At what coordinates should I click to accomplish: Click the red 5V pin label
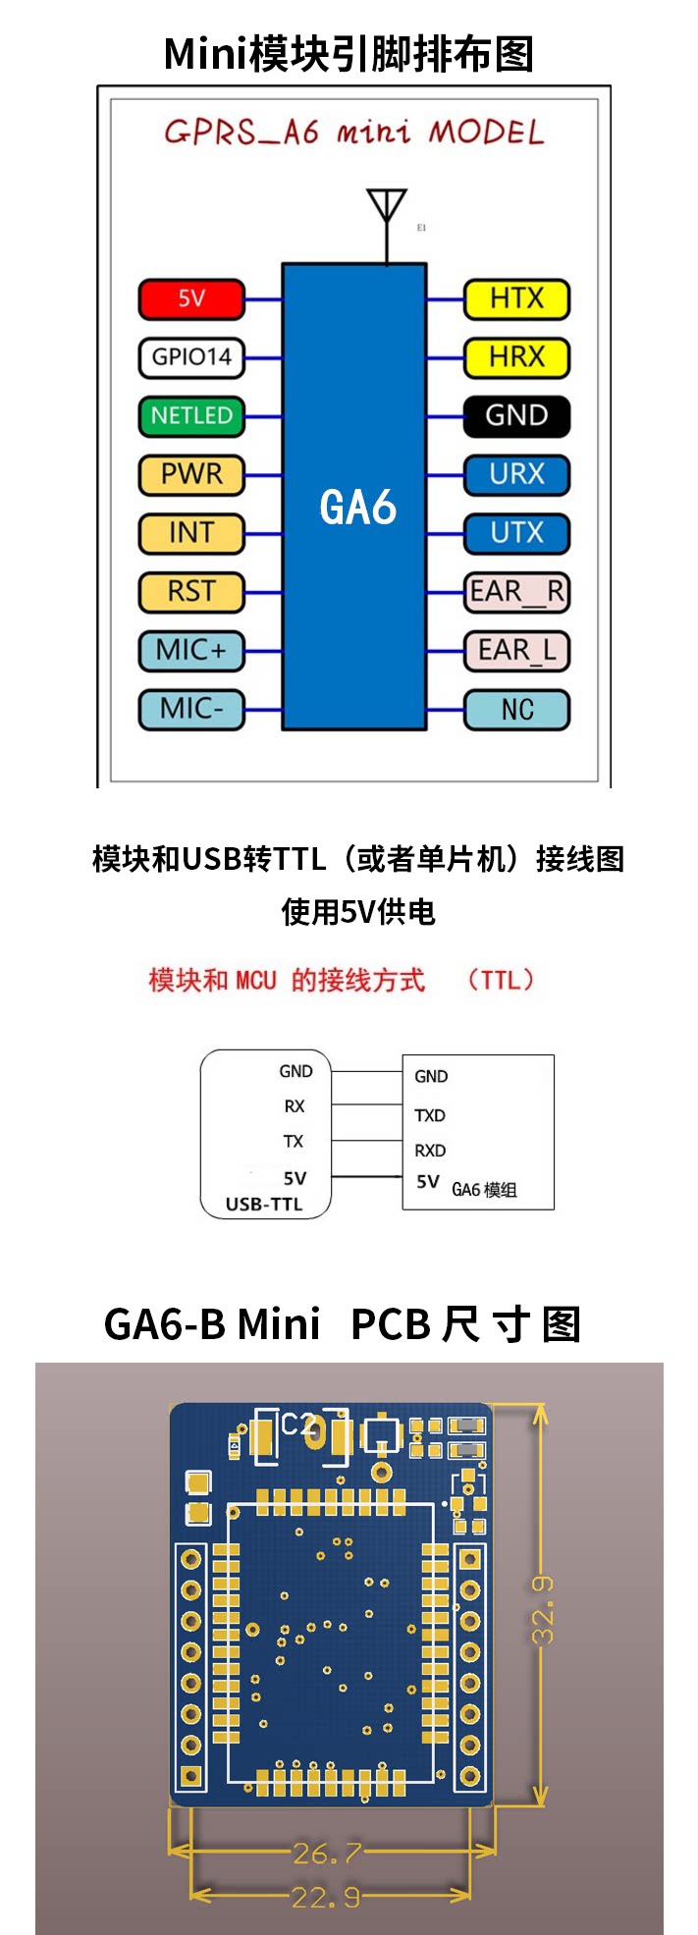pos(191,298)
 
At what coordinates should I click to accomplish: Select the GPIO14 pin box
pos(191,357)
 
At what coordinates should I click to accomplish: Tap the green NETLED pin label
pos(191,415)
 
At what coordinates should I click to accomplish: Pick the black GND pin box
pos(516,415)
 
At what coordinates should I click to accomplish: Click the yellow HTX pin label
pos(516,298)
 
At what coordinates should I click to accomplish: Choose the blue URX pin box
pos(516,474)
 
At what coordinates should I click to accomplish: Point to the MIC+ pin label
pos(191,650)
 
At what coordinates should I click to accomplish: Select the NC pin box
pos(516,709)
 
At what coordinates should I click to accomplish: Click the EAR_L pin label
pos(516,650)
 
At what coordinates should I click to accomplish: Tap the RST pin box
pos(191,591)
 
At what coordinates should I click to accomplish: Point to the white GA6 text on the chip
pos(357,508)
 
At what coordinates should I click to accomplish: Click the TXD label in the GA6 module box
pos(430,1115)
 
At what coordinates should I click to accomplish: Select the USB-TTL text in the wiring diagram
pos(264,1204)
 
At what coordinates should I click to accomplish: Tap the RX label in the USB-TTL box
pos(295,1106)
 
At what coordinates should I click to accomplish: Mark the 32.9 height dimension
pos(543,1610)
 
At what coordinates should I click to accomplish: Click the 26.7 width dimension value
pos(327,1854)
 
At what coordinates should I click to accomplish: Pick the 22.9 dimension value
pos(326,1897)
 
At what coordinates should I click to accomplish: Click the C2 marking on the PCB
pos(298,1424)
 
